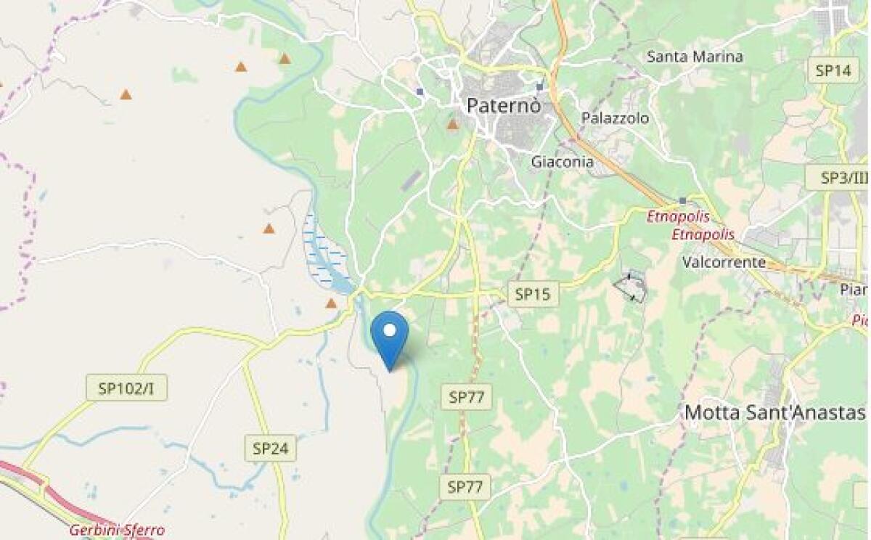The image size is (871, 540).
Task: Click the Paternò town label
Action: [503, 105]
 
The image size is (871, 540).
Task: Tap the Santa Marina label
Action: [695, 57]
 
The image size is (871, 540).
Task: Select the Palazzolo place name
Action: [615, 118]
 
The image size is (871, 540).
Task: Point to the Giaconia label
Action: [562, 162]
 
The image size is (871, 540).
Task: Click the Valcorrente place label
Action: [724, 261]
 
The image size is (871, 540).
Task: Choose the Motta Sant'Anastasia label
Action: [774, 412]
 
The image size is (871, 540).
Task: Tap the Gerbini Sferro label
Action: [117, 530]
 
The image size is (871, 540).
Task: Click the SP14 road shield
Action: [833, 70]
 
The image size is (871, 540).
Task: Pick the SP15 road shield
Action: [533, 294]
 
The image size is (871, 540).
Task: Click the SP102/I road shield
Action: [126, 388]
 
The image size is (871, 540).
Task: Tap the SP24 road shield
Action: [270, 449]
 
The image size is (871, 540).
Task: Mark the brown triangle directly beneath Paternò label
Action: [453, 125]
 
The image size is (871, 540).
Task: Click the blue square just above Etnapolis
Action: [682, 200]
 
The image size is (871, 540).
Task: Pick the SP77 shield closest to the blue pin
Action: [466, 396]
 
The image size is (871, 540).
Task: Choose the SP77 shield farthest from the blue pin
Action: [465, 487]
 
